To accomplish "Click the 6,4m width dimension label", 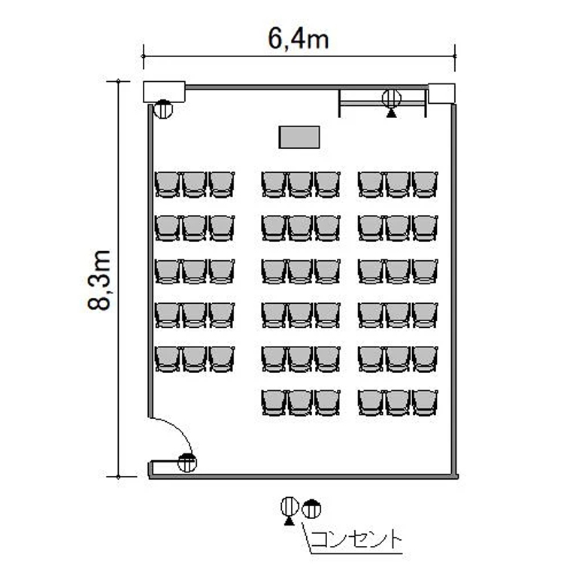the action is [299, 39].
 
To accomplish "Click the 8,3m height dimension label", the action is [99, 280].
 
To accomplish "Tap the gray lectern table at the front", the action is [299, 137].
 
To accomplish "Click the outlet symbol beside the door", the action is [187, 462].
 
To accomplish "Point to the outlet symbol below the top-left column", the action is [163, 109].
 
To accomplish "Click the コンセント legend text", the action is [356, 539].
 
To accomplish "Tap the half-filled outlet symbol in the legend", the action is [311, 509].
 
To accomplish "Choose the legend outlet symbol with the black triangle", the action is [290, 511].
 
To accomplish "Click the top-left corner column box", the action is [164, 92].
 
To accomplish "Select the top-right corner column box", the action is [441, 93].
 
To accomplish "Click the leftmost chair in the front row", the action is [167, 184].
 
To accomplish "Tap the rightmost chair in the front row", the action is [425, 184].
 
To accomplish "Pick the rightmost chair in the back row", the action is [425, 403].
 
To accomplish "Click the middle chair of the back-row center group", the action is [300, 403].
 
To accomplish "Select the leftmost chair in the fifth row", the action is [167, 359].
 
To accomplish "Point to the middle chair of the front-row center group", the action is [300, 184].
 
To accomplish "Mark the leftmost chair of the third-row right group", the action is [371, 271].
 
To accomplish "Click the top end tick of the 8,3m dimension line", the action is [118, 81].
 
